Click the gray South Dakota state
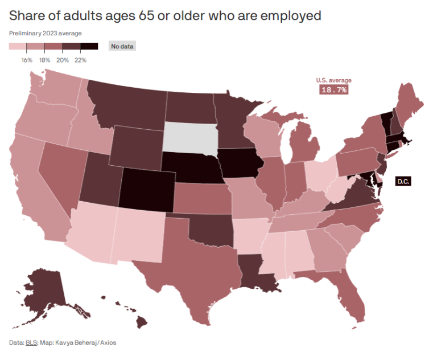pyautogui.click(x=190, y=136)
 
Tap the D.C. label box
pyautogui.click(x=402, y=181)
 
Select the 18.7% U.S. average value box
pyautogui.click(x=334, y=90)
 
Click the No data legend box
pyautogui.click(x=122, y=46)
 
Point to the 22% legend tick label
pyautogui.click(x=80, y=59)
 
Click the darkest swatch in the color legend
pyautogui.click(x=89, y=47)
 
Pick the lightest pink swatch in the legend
pyautogui.click(x=18, y=47)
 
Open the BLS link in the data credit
pyautogui.click(x=31, y=342)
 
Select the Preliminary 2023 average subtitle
pyautogui.click(x=45, y=33)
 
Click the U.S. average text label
pyautogui.click(x=334, y=80)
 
